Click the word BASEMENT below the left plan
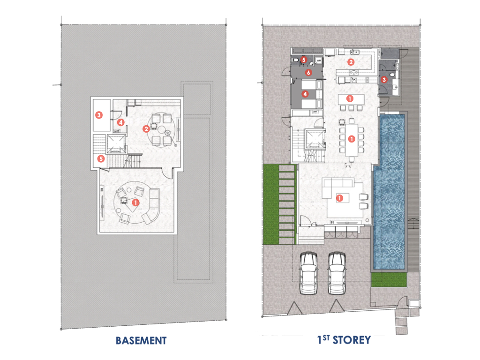141,340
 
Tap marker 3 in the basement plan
98,114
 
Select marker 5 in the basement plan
101,158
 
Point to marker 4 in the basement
120,122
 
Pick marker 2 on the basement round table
146,128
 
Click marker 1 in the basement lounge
135,202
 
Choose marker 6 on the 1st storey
308,73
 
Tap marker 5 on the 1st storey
303,60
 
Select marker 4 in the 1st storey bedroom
305,94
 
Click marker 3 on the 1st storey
384,80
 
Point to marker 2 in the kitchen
350,62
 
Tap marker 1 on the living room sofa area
340,198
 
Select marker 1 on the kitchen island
349,98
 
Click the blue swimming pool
390,187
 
